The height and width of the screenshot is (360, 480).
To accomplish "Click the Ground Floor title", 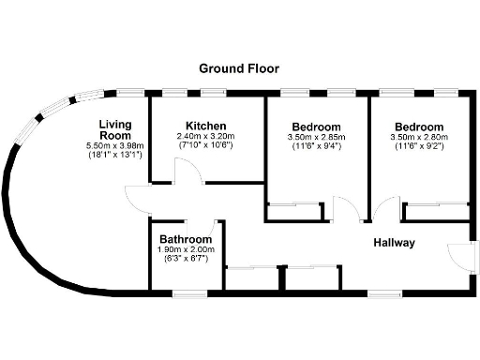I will [239, 68].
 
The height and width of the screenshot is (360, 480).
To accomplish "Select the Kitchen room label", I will [205, 126].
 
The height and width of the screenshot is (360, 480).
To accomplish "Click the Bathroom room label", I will [186, 239].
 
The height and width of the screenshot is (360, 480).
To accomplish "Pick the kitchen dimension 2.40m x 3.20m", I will [205, 137].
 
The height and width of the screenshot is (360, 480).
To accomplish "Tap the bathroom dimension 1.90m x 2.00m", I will [186, 249].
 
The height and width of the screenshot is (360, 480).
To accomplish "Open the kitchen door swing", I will [187, 172].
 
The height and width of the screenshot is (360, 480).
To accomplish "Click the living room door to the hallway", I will [138, 197].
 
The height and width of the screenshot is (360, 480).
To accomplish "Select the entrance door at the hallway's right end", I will [457, 255].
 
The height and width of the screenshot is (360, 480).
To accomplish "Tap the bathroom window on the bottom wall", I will [187, 293].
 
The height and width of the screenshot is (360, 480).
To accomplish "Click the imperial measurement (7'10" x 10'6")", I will [205, 146].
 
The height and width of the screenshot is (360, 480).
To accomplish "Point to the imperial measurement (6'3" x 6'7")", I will [186, 259].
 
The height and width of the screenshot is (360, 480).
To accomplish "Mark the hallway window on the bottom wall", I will [382, 293].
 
